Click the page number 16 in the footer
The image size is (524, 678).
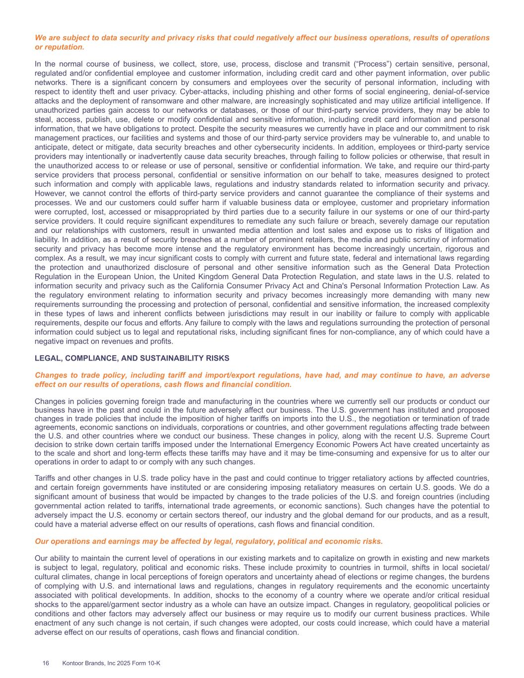[x=46, y=663]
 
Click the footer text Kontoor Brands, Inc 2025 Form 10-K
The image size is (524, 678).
[x=111, y=663]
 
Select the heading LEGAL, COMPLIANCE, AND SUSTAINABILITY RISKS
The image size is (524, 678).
[x=132, y=358]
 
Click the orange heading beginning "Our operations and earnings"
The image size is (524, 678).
[x=209, y=541]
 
